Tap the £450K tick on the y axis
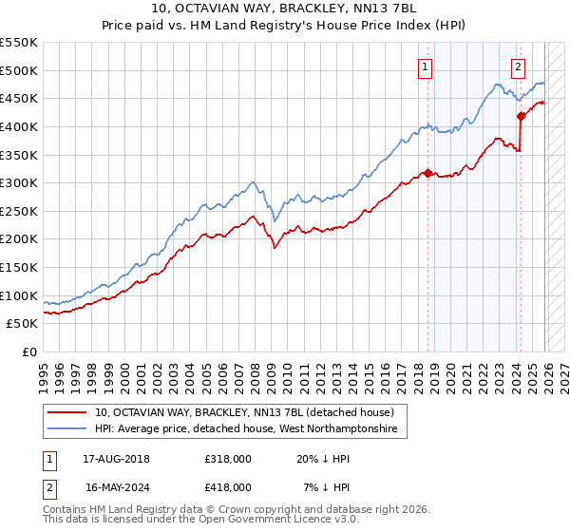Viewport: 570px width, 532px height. coord(19,98)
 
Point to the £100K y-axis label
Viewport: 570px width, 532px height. coord(19,295)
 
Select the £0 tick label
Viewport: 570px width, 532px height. coord(28,351)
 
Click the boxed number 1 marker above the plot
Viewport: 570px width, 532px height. coord(424,66)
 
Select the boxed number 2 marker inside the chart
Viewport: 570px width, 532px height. coord(518,66)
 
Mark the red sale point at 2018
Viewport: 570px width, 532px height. coord(427,173)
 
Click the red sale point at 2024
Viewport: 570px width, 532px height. coord(521,116)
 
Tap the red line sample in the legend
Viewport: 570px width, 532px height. coord(68,413)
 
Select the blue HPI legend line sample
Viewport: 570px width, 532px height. coord(68,429)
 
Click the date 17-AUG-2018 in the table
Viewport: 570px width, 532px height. coord(117,459)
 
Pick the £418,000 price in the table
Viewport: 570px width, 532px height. coord(227,486)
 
